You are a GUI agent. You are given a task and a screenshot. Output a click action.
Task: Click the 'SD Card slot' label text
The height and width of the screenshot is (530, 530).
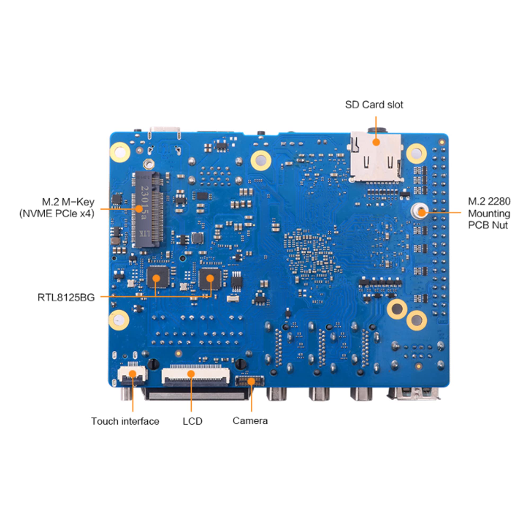click(374, 105)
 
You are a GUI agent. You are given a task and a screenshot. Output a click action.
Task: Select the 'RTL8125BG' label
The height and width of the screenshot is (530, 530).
click(66, 297)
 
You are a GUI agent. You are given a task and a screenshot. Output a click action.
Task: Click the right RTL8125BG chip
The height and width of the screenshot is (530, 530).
click(210, 279)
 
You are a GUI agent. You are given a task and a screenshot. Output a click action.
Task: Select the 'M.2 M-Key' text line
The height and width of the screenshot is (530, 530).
click(68, 202)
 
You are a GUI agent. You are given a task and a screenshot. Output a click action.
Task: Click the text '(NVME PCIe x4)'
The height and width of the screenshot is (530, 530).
click(57, 214)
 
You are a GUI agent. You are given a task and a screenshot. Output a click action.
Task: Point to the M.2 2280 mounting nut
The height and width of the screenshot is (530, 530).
click(419, 211)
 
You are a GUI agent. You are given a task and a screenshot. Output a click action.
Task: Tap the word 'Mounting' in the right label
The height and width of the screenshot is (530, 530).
click(489, 213)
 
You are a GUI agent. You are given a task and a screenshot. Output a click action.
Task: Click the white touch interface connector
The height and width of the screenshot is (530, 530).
click(132, 374)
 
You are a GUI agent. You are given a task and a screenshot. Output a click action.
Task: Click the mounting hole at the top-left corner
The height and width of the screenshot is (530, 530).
click(120, 152)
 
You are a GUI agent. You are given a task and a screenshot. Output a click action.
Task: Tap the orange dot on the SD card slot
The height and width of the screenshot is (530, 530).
click(376, 142)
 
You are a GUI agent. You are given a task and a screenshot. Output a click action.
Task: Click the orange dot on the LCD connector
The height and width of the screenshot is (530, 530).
click(191, 374)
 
